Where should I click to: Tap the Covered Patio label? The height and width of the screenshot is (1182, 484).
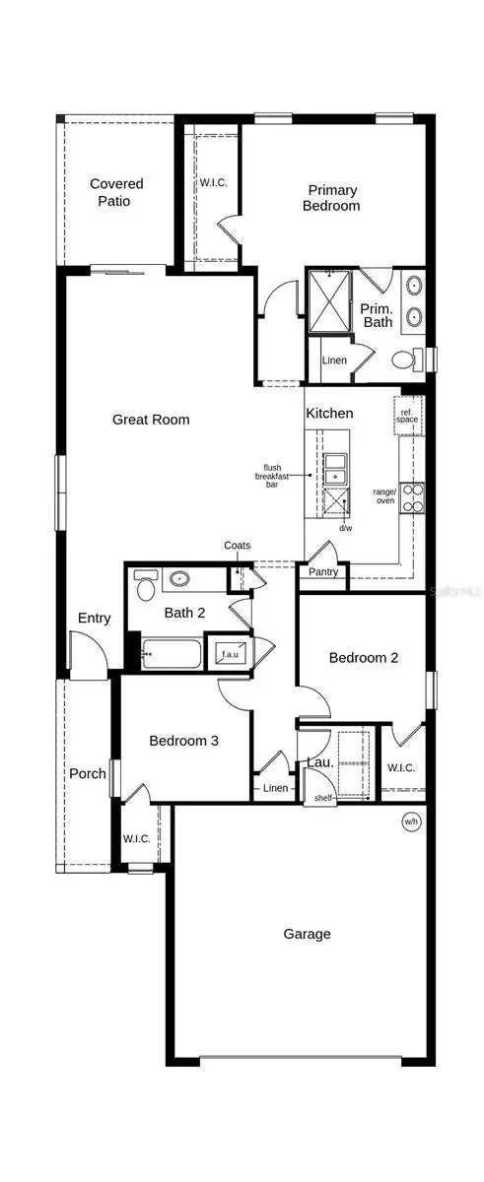[x=116, y=192]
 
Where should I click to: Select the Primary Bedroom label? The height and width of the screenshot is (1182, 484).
[x=333, y=198]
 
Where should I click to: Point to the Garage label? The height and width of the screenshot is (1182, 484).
[x=307, y=934]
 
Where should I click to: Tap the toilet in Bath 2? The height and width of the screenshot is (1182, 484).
[x=147, y=588]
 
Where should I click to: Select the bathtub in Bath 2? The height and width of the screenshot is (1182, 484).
[x=172, y=653]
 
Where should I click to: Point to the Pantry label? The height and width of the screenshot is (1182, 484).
[x=323, y=572]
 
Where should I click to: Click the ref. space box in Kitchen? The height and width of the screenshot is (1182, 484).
[x=407, y=414]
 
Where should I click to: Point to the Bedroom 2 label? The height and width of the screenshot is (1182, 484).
[x=364, y=658]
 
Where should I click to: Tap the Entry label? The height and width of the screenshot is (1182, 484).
[x=95, y=619]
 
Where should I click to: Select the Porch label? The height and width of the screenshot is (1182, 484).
[x=87, y=773]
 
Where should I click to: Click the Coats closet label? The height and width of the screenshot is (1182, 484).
[x=238, y=545]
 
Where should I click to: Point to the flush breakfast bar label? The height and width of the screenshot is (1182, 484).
[x=272, y=476]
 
